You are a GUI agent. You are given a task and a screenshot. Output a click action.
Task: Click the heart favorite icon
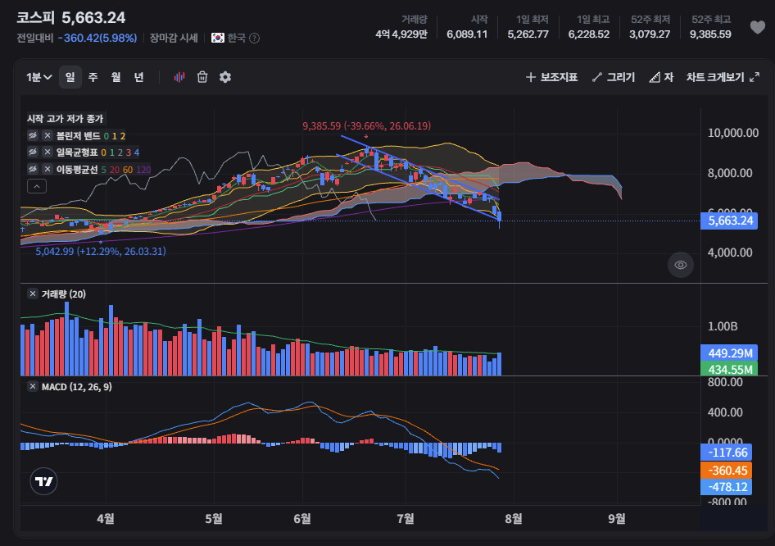pos(757,27)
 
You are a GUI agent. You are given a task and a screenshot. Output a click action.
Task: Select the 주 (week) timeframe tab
pos(93,77)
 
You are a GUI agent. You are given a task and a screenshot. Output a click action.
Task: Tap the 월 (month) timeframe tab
pos(116,77)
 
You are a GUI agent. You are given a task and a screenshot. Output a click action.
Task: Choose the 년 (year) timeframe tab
pos(139,77)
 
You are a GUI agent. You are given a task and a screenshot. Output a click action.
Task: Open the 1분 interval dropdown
pos(39,77)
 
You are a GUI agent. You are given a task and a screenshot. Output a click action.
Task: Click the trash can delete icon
pos(202,77)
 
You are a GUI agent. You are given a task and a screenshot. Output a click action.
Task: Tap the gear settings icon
pos(225,77)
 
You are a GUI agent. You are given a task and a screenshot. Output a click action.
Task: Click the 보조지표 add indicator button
pos(551,77)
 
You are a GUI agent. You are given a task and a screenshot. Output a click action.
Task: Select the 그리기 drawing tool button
pos(614,77)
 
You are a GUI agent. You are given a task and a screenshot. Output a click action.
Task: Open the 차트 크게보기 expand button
pos(723,77)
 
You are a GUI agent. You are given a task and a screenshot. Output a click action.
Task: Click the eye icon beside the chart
pos(681,265)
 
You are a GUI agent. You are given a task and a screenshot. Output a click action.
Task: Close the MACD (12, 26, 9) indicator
pos(33,387)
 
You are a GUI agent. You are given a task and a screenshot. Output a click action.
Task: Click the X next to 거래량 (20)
pos(33,293)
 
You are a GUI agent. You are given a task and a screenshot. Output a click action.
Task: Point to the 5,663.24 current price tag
pos(729,221)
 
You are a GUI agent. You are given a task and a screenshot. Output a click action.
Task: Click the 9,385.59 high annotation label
pos(367,126)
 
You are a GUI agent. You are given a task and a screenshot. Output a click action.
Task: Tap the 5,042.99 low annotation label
pos(101,251)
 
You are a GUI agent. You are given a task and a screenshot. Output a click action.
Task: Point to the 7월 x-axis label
pos(406,518)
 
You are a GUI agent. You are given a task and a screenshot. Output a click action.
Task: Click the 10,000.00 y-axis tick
pos(733,133)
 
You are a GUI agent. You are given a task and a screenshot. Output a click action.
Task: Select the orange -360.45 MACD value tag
pos(726,471)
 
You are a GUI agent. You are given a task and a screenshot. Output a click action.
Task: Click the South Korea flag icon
pos(217,38)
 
